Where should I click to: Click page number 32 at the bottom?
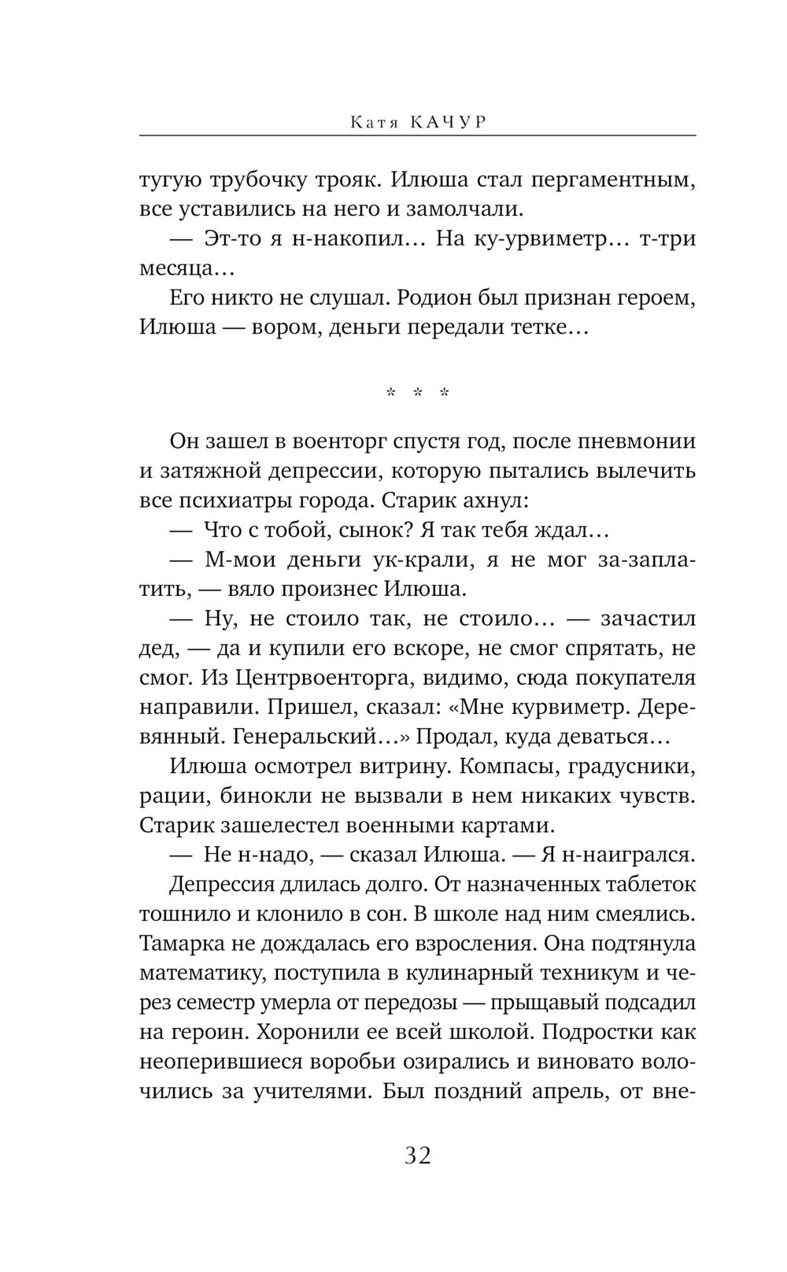coord(418,1156)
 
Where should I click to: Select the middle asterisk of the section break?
coord(418,393)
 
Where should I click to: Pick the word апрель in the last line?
coord(561,1091)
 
